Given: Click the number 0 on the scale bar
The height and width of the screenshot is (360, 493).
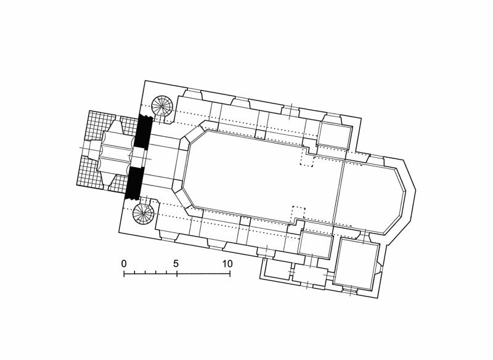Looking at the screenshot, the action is (124, 263).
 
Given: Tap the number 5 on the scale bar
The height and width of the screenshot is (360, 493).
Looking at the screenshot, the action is (176, 263).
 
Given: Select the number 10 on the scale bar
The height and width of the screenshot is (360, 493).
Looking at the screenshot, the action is (227, 263).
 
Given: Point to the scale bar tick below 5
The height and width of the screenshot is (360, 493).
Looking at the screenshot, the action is (177, 274).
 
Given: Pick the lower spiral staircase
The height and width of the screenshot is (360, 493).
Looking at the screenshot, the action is (143, 214).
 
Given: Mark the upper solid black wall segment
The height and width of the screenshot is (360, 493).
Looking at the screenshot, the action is (143, 131).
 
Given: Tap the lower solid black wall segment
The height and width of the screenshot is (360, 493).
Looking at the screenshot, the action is (134, 183).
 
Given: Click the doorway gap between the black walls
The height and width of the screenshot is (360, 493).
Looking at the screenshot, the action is (139, 157).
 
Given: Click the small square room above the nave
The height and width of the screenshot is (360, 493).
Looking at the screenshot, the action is (334, 136).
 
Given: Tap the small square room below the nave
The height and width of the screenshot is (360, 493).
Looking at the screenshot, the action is (316, 245).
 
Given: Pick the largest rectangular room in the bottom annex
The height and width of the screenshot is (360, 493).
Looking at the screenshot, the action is (356, 263).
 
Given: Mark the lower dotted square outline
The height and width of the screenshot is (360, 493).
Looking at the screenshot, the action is (298, 213).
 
